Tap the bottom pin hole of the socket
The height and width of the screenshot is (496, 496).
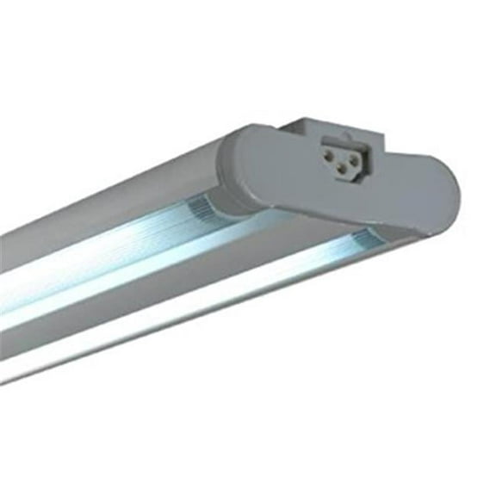click(342, 168)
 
